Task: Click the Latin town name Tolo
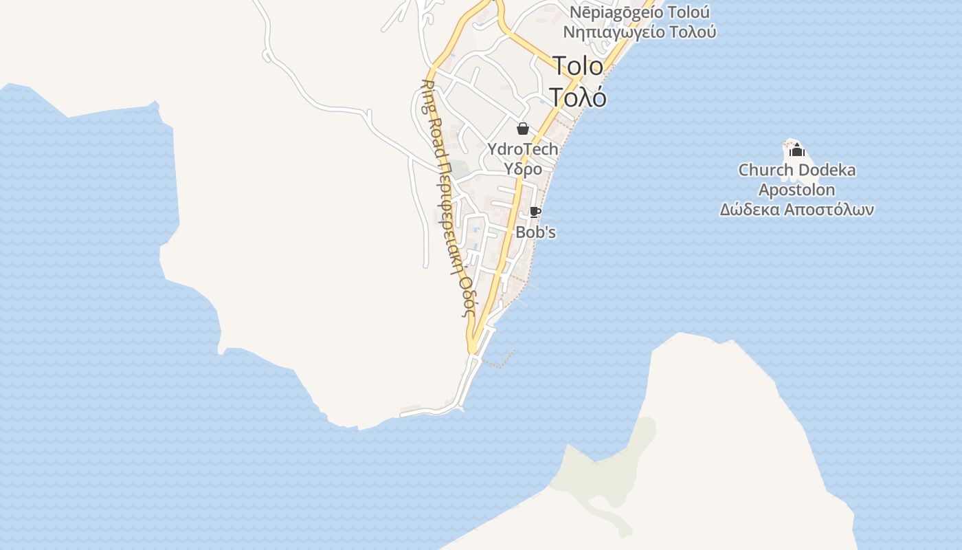(x=578, y=66)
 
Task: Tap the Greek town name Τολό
(x=578, y=98)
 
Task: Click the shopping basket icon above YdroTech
(x=523, y=129)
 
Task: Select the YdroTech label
(x=523, y=148)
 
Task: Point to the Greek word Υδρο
(x=523, y=168)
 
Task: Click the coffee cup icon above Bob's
(x=535, y=212)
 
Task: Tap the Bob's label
(x=535, y=232)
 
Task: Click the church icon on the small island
(x=796, y=149)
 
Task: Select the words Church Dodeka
(x=797, y=170)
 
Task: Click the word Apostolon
(x=797, y=190)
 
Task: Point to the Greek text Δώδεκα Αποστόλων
(x=797, y=210)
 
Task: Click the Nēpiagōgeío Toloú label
(x=640, y=12)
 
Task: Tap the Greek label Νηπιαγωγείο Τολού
(x=640, y=32)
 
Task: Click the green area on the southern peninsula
(x=605, y=474)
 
